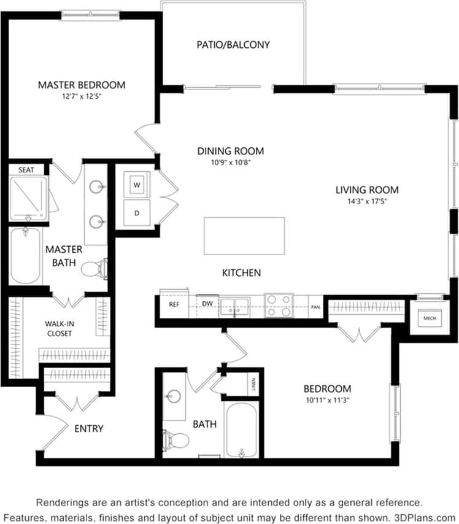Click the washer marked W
137,184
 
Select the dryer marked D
137,212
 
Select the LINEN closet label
253,385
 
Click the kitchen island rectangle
244,236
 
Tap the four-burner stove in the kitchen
279,305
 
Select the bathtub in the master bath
25,256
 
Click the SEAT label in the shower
26,169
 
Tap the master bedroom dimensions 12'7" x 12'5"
81,96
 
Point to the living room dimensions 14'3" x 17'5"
366,201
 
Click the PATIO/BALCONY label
233,45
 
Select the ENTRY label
89,428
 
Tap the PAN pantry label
315,306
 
